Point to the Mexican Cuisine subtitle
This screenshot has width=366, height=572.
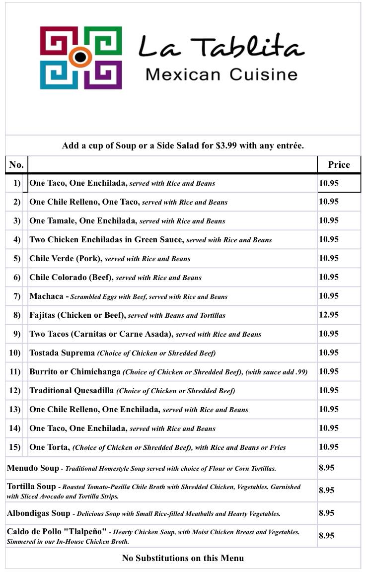(221, 75)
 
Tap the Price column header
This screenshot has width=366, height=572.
(339, 165)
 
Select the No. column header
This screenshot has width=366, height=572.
(16, 165)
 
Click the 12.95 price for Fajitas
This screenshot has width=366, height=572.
(329, 315)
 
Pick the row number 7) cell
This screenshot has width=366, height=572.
(17, 296)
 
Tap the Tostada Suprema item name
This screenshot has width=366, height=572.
(62, 353)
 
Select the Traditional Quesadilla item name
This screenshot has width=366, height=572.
(72, 390)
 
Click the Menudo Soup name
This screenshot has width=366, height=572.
(33, 468)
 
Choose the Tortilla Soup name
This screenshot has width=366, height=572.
(31, 486)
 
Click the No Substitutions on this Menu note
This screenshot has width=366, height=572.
(183, 558)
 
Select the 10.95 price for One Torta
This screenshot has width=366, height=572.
(329, 447)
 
